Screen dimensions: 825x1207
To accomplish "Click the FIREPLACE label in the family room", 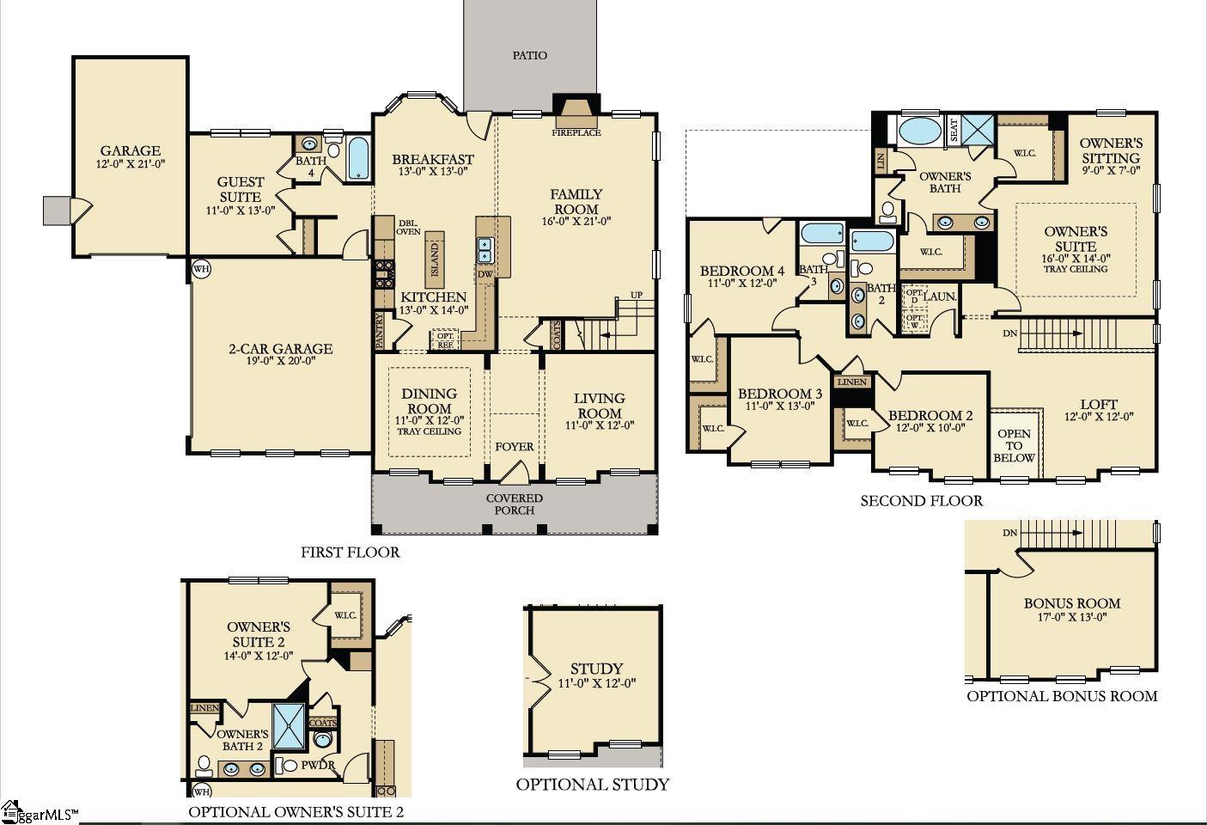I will [576, 133].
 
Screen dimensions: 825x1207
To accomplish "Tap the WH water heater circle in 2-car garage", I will [200, 269].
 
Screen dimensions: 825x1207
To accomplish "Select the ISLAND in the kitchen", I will [435, 257].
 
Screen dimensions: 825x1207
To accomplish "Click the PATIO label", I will [530, 56].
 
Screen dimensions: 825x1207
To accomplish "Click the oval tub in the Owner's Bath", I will [919, 131].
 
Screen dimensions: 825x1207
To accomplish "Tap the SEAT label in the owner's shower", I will [953, 131].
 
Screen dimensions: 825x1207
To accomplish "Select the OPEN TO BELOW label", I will [1015, 446].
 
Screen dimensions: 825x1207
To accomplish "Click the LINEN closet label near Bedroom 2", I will [851, 382].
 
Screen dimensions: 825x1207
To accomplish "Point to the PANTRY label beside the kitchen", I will [380, 331].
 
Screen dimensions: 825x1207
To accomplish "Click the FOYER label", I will [514, 447].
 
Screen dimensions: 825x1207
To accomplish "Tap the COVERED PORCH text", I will [514, 504].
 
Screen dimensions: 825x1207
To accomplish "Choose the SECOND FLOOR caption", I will [921, 501].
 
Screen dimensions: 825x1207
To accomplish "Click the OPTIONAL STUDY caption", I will [592, 784].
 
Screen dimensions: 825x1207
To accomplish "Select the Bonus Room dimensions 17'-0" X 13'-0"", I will [1071, 617].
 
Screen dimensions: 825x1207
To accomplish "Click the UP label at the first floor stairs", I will [637, 295].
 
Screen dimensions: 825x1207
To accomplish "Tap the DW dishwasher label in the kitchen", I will [485, 275].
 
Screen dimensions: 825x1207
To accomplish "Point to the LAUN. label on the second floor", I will [940, 296].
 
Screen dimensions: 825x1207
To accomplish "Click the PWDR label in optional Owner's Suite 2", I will [318, 765].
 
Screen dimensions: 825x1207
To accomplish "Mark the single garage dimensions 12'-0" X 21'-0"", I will [131, 163].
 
